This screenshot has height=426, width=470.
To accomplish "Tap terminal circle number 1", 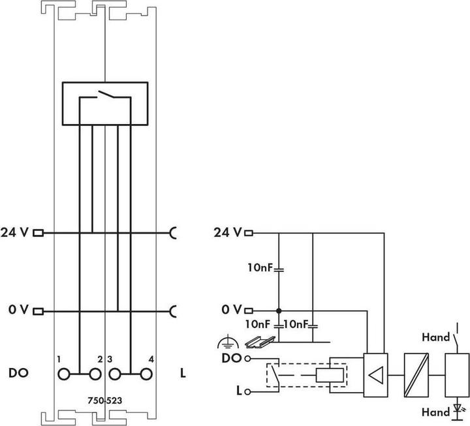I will click(64, 374).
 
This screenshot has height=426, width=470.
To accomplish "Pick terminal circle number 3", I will click(116, 374).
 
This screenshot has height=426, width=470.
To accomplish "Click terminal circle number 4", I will click(146, 374).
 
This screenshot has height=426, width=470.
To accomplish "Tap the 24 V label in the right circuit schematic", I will click(228, 232).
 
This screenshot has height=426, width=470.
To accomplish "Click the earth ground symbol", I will click(227, 341).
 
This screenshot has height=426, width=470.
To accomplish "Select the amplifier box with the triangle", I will click(376, 374).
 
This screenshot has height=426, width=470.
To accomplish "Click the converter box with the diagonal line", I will click(415, 374).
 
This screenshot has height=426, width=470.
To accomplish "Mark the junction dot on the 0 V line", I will click(279, 311).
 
